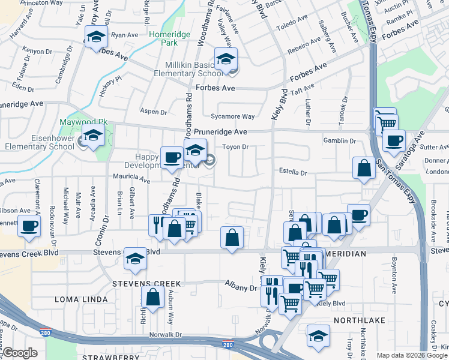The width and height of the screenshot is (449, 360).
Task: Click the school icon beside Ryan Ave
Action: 95,37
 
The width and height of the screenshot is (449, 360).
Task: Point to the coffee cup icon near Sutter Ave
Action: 394,141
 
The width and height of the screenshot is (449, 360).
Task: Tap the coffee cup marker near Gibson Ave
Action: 29,227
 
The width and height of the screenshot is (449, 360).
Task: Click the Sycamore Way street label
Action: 232,116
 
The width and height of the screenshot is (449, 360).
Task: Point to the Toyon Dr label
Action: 235,146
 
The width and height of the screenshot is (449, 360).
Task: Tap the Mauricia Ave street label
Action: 131,179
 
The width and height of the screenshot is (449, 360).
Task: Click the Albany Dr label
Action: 241,288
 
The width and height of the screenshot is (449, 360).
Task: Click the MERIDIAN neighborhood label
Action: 345,254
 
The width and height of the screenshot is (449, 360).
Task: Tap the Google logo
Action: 20,353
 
